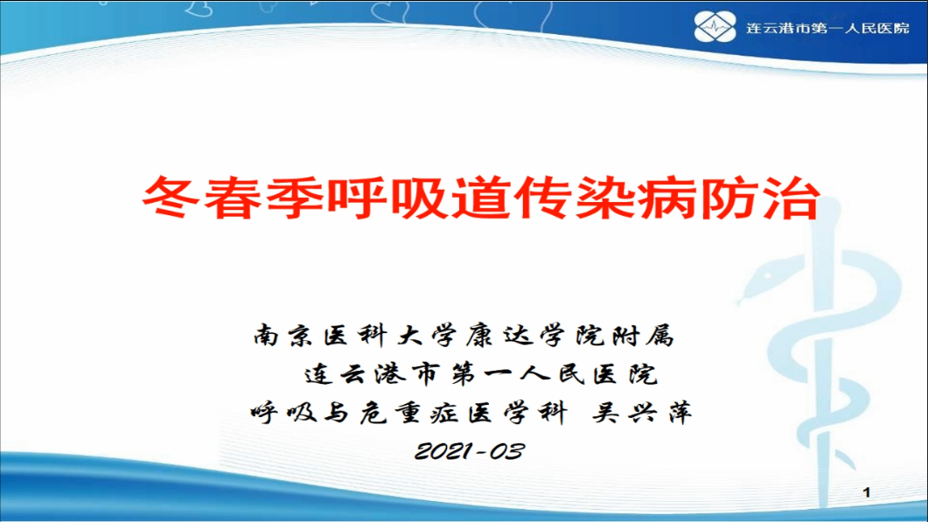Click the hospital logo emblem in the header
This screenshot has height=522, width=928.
click(715, 26)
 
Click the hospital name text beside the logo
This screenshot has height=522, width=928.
click(827, 28)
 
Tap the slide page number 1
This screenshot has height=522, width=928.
click(867, 491)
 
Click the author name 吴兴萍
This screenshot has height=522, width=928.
click(642, 413)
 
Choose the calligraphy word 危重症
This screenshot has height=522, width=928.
click(409, 413)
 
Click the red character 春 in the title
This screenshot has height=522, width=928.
click(233, 198)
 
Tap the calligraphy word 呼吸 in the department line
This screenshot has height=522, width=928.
click(284, 413)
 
